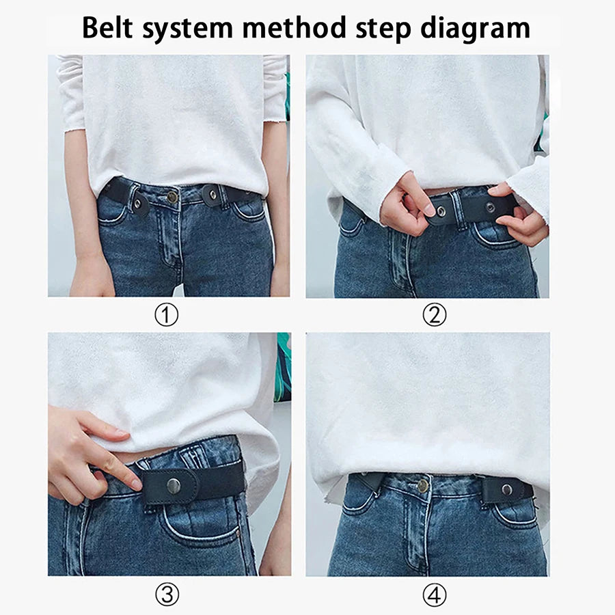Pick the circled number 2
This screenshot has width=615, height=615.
(x=434, y=315)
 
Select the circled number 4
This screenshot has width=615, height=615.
(x=434, y=594)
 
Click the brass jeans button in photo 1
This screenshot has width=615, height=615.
(x=173, y=197)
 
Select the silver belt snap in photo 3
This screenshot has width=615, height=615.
(x=174, y=485)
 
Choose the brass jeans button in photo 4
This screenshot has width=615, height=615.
(x=423, y=486)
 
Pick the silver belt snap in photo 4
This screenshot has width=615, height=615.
(x=506, y=489)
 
